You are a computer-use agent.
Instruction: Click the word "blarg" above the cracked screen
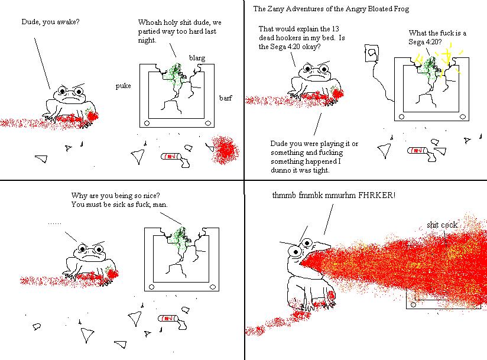[x=197, y=58]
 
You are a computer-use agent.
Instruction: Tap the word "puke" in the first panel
[x=123, y=86]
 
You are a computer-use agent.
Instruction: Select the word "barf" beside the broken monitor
[x=226, y=98]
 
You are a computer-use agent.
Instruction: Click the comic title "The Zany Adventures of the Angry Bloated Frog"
[x=331, y=9]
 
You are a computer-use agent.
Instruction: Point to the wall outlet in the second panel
[x=372, y=53]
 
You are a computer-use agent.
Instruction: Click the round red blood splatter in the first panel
[x=224, y=150]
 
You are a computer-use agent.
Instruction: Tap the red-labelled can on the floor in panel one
[x=170, y=156]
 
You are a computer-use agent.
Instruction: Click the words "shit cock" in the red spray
[x=442, y=225]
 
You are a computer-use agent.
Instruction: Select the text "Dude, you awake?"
[x=50, y=22]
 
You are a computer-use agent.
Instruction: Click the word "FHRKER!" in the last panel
[x=376, y=195]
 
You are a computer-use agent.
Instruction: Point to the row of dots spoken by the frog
[x=54, y=223]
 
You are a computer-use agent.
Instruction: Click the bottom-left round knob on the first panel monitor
[x=147, y=124]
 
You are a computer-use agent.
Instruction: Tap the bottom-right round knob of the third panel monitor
[x=213, y=287]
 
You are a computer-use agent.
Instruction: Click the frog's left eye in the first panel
[x=63, y=91]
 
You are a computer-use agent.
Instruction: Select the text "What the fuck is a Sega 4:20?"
[x=437, y=37]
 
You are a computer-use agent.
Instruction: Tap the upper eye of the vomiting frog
[x=307, y=242]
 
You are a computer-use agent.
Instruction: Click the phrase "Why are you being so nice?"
[x=115, y=196]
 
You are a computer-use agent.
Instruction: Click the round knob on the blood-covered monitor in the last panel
[x=413, y=304]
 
